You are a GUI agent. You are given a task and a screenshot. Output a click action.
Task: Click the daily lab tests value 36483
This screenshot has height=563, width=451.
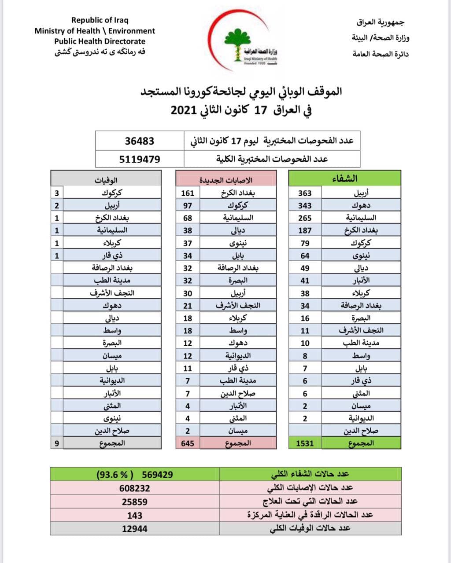pyautogui.click(x=140, y=141)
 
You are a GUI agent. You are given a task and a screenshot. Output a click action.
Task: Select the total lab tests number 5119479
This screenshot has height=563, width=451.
pyautogui.click(x=140, y=159)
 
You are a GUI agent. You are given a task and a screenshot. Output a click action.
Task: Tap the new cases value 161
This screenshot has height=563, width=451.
pyautogui.click(x=188, y=193)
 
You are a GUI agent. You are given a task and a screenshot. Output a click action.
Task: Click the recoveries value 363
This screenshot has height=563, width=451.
pyautogui.click(x=305, y=193)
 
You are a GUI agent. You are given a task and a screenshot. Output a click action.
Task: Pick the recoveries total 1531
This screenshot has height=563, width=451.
pyautogui.click(x=305, y=443)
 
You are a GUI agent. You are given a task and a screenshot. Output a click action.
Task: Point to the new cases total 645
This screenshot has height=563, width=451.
pyautogui.click(x=188, y=443)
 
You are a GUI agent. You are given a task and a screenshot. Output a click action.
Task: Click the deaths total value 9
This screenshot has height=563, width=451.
pyautogui.click(x=57, y=443)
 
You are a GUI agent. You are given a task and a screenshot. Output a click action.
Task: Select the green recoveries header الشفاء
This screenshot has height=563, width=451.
pyautogui.click(x=345, y=178)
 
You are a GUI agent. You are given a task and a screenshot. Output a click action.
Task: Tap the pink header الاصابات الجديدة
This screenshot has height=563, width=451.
pyautogui.click(x=226, y=179)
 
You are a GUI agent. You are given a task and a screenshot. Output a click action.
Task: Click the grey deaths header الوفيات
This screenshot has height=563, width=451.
pyautogui.click(x=106, y=179)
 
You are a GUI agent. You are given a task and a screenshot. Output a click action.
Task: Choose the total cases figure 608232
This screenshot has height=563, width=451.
pyautogui.click(x=134, y=488)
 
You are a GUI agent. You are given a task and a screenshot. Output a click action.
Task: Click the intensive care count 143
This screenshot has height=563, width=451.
pyautogui.click(x=134, y=515)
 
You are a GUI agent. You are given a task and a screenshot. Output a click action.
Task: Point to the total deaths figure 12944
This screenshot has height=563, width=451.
pyautogui.click(x=134, y=529)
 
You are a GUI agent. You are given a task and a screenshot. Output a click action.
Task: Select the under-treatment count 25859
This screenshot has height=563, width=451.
pyautogui.click(x=134, y=501)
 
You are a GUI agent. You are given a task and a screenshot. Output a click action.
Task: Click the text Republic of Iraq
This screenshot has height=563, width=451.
pyautogui.click(x=100, y=20)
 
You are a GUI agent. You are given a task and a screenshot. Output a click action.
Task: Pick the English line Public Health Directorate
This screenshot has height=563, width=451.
pyautogui.click(x=100, y=41)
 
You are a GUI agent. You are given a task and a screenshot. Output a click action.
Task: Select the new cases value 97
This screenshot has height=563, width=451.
pyautogui.click(x=188, y=205)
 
